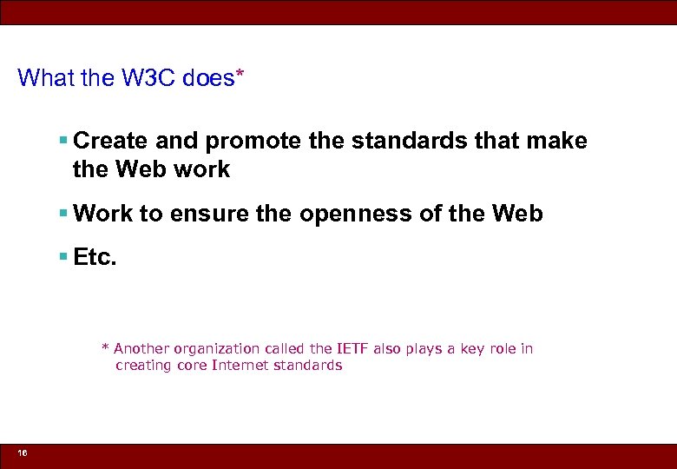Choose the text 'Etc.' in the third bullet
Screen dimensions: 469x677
(x=95, y=258)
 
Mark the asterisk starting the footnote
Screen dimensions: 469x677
(x=106, y=349)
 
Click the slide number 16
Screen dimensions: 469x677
(x=22, y=453)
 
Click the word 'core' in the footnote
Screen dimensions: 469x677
(x=192, y=366)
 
